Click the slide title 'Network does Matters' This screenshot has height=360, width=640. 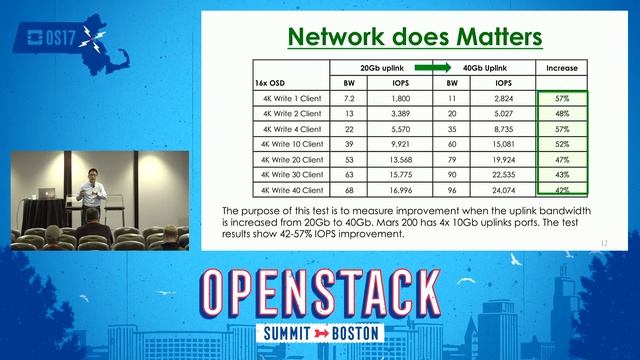click(414, 37)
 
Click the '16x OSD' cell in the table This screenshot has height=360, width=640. click(275, 83)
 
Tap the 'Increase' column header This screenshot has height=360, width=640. click(562, 68)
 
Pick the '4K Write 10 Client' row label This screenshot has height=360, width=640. click(291, 144)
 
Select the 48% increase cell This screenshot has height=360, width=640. click(562, 114)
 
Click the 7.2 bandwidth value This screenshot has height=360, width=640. click(350, 99)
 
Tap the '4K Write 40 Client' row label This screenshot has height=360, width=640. click(291, 189)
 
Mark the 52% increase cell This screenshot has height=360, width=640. click(562, 144)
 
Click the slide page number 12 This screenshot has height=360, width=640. click(604, 243)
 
